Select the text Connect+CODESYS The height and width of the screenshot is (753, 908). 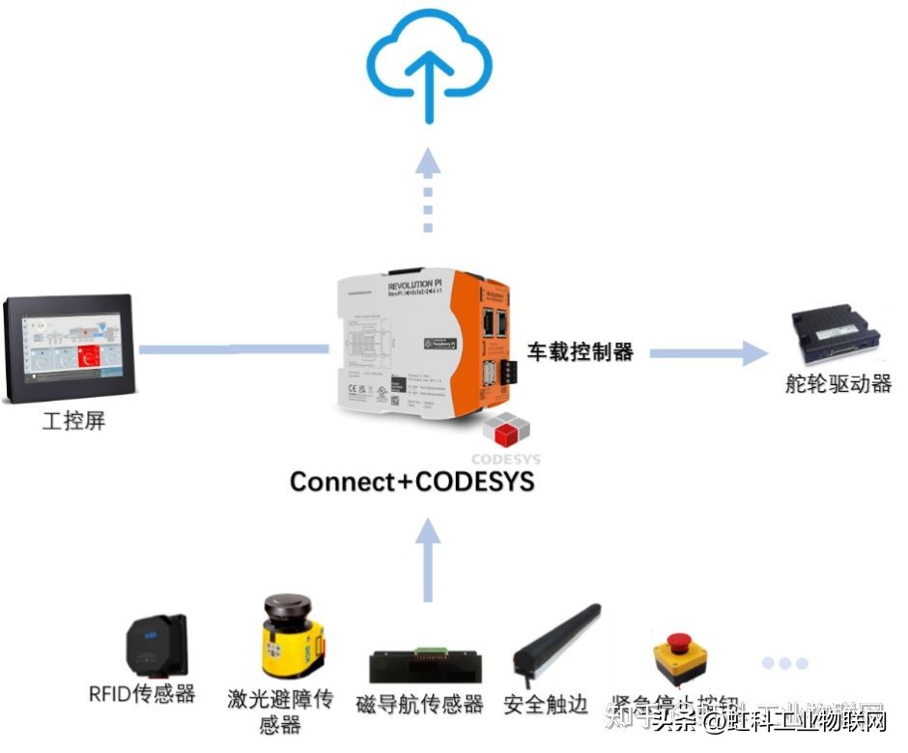pos(411,481)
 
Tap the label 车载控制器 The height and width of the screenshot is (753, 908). pos(580,352)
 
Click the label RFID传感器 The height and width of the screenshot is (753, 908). pos(142,694)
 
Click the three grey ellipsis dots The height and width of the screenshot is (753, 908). pos(783,663)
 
